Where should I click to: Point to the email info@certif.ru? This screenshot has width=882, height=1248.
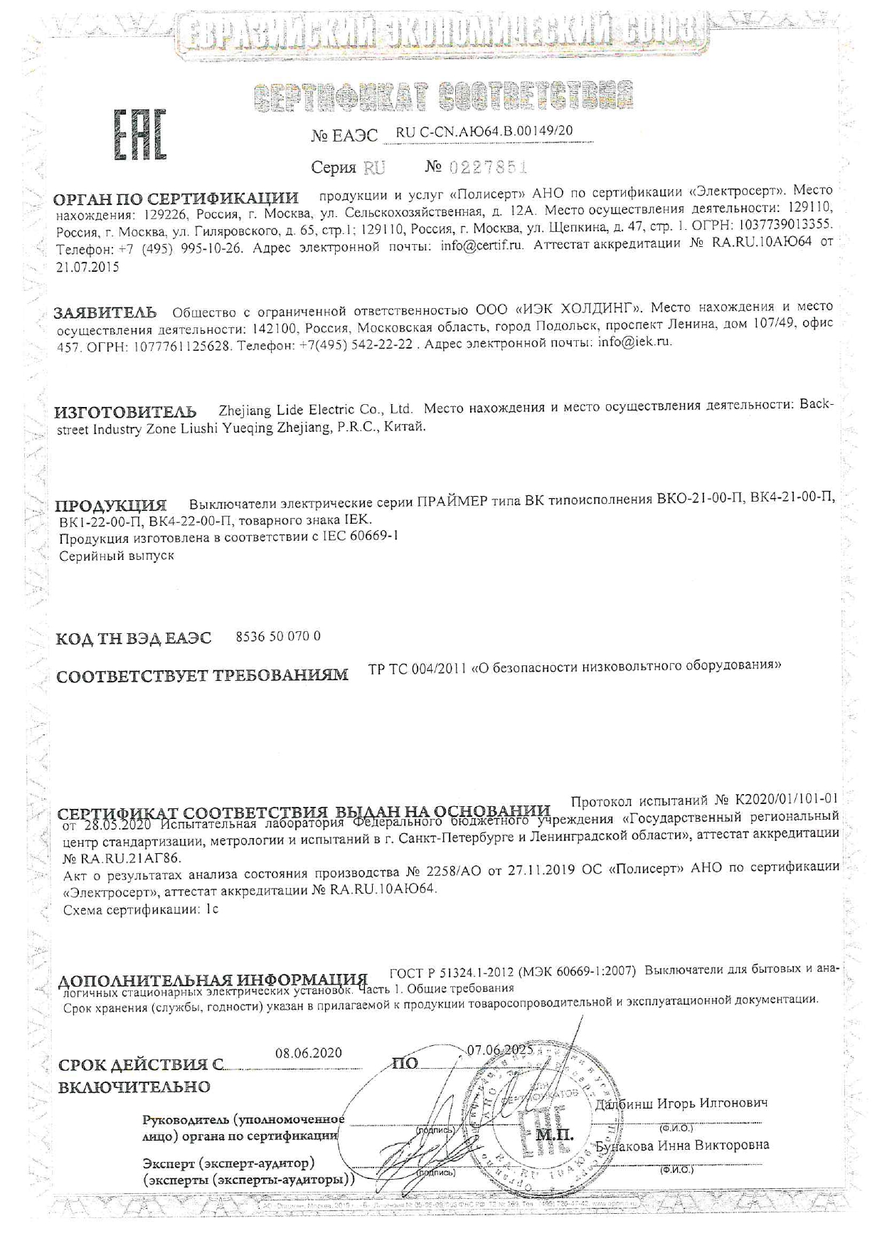pyautogui.click(x=482, y=245)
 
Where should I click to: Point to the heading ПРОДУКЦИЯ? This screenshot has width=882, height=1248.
pyautogui.click(x=111, y=507)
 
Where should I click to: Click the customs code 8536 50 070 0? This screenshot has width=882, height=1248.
pyautogui.click(x=277, y=636)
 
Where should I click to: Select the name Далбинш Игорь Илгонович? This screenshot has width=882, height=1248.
pyautogui.click(x=681, y=1104)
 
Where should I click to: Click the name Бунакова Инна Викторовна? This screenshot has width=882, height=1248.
pyautogui.click(x=682, y=1146)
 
